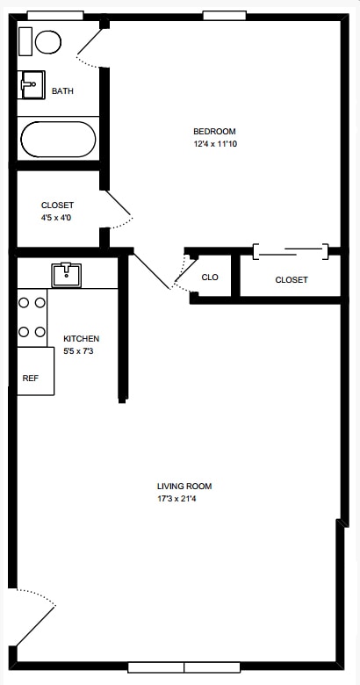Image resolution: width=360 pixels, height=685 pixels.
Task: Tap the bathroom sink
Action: [32, 85]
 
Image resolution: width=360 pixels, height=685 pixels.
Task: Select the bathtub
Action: [58, 139]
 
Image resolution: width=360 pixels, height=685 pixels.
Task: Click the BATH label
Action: [62, 91]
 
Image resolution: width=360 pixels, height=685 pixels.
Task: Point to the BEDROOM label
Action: [214, 132]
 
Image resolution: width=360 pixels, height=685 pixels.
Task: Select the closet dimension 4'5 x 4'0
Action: [56, 217]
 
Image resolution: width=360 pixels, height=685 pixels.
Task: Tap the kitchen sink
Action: [67, 275]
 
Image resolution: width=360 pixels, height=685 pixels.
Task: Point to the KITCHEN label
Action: [81, 339]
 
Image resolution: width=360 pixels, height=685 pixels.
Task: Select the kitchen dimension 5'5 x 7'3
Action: [81, 351]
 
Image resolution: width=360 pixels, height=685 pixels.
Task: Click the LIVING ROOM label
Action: [184, 486]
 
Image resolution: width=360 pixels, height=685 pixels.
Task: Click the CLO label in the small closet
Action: [210, 278]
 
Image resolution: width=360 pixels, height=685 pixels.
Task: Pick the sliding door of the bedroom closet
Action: [290, 253]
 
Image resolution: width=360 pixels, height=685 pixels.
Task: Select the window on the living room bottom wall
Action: [184, 667]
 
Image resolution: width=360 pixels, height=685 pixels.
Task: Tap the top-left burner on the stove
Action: [25, 302]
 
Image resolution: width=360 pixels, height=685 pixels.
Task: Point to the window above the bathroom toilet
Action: [54, 15]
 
